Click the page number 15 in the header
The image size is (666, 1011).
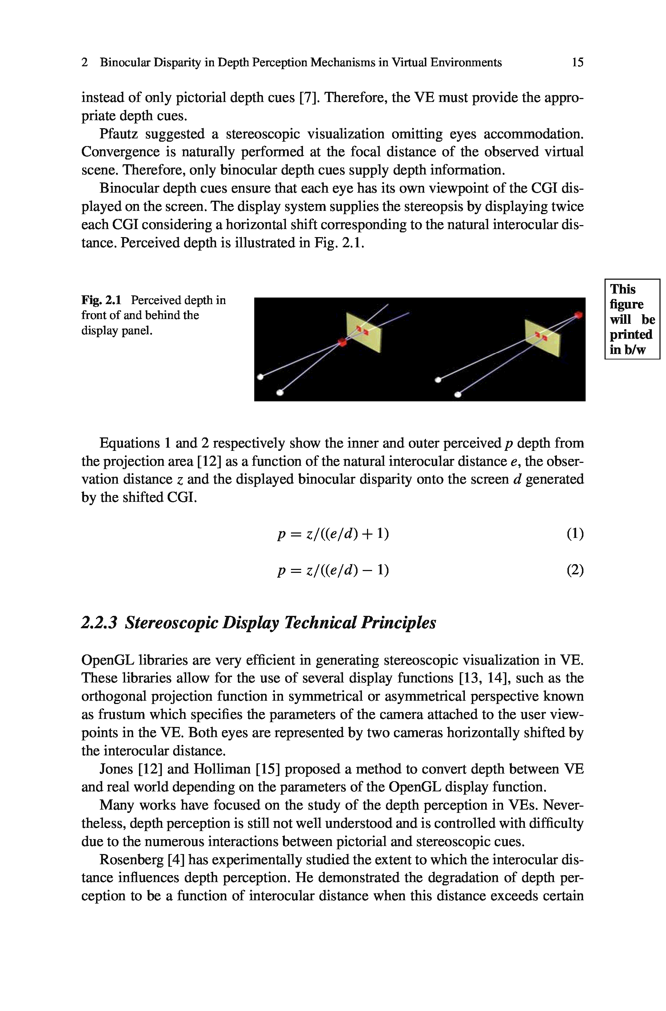tap(577, 63)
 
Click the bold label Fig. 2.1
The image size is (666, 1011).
tap(101, 300)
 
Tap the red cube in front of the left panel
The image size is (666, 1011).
tap(342, 342)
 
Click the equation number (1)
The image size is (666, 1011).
tap(575, 534)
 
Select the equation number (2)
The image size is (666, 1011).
tap(575, 570)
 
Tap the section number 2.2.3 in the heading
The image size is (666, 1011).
tap(99, 623)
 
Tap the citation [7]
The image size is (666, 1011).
tap(307, 98)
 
